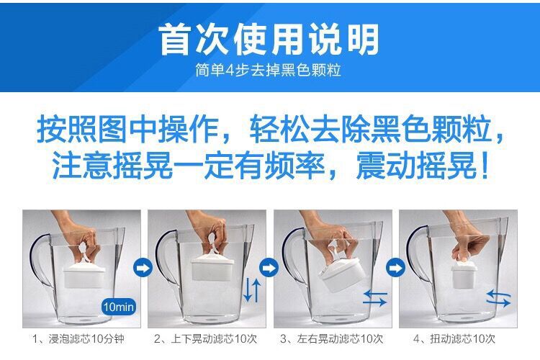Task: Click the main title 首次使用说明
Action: pyautogui.click(x=269, y=40)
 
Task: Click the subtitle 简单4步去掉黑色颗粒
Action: pyautogui.click(x=269, y=70)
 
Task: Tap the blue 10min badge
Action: pyautogui.click(x=119, y=307)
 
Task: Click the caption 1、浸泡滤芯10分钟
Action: pyautogui.click(x=78, y=339)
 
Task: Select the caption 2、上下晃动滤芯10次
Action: pyautogui.click(x=206, y=339)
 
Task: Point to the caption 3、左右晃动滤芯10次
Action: pyautogui.click(x=332, y=339)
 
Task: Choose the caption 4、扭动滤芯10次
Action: pyautogui.click(x=454, y=339)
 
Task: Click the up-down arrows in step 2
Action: pyautogui.click(x=252, y=290)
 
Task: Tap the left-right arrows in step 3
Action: pyautogui.click(x=375, y=298)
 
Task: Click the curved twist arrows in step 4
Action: pyautogui.click(x=498, y=298)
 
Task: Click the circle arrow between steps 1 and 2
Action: pyautogui.click(x=143, y=267)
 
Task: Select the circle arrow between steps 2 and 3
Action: pyautogui.click(x=269, y=267)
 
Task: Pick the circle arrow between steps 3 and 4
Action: pyautogui.click(x=395, y=267)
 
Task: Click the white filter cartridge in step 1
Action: pyautogui.click(x=84, y=275)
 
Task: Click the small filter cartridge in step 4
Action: pyautogui.click(x=464, y=274)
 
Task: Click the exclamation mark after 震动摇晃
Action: pyautogui.click(x=485, y=166)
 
